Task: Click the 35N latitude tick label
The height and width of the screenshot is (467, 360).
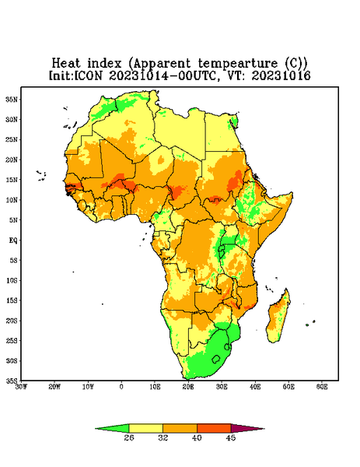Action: click(12, 99)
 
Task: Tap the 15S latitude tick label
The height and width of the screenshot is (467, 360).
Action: click(12, 300)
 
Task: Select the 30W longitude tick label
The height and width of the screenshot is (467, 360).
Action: click(22, 387)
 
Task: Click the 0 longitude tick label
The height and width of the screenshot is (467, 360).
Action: click(121, 387)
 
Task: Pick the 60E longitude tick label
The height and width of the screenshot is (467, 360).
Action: click(322, 387)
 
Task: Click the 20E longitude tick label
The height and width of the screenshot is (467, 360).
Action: click(188, 387)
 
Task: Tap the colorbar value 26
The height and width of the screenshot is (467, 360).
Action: click(129, 437)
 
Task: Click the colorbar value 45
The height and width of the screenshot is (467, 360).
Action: click(231, 437)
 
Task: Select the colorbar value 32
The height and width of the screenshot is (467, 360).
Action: click(163, 437)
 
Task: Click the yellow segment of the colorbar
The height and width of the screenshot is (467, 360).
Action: click(145, 428)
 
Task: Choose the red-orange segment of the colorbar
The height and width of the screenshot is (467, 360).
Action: click(214, 428)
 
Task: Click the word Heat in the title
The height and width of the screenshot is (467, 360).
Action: click(66, 64)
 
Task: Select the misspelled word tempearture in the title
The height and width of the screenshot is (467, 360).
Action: click(237, 64)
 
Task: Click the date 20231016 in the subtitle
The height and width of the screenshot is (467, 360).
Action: click(281, 75)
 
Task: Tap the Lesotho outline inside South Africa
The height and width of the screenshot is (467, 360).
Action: click(216, 359)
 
